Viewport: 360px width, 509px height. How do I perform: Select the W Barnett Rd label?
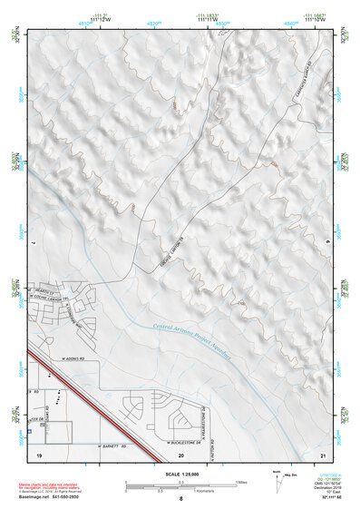click(114, 446)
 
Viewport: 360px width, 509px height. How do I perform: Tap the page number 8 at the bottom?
click(180, 499)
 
